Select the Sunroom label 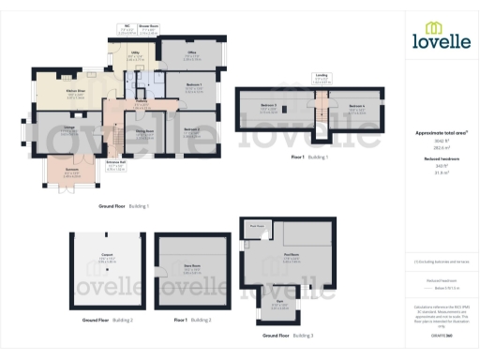(71, 170)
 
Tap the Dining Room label (144, 132)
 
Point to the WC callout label (127, 26)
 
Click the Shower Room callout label (148, 26)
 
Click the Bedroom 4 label (356, 106)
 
